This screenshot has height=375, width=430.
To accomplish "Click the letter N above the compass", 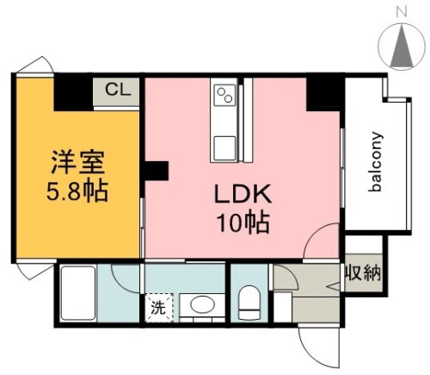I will point(401,12).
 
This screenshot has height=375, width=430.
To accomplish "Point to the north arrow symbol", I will point(402,48).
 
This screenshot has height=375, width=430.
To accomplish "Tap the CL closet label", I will point(118,90).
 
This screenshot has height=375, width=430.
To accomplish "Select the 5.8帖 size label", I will point(78,189).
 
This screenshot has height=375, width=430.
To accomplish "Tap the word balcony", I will point(376,164).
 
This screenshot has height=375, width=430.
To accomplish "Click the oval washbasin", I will point(202,304).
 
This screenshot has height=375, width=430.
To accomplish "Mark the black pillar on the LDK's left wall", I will point(156,171).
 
